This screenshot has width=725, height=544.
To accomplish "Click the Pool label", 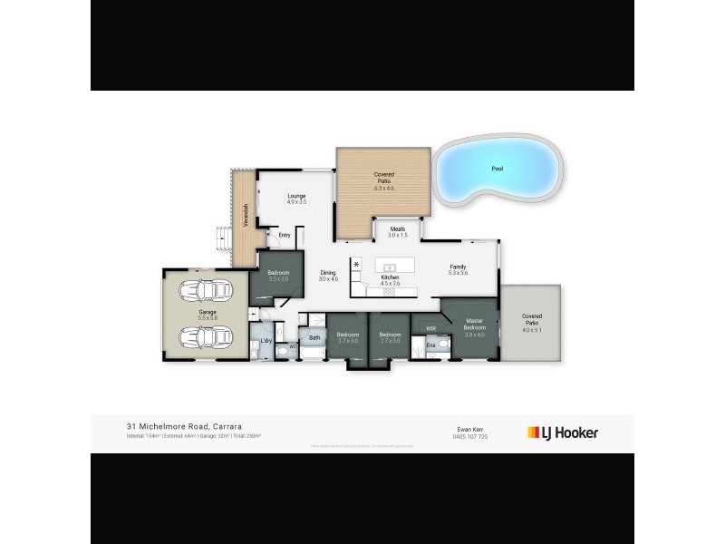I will [496, 169].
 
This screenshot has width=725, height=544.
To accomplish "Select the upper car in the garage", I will [206, 293].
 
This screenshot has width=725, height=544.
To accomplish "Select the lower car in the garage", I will [206, 338].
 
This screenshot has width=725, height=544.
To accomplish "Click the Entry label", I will [285, 236].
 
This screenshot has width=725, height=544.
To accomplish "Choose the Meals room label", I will [398, 231].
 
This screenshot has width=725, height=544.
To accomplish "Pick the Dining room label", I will [328, 275].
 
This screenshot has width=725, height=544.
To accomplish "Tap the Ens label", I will [431, 345].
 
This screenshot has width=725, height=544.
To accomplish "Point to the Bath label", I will [314, 338].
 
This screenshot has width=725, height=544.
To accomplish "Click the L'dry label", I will [266, 341].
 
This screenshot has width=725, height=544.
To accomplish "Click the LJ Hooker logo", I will [563, 432].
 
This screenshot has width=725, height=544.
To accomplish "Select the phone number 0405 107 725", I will [469, 436].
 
